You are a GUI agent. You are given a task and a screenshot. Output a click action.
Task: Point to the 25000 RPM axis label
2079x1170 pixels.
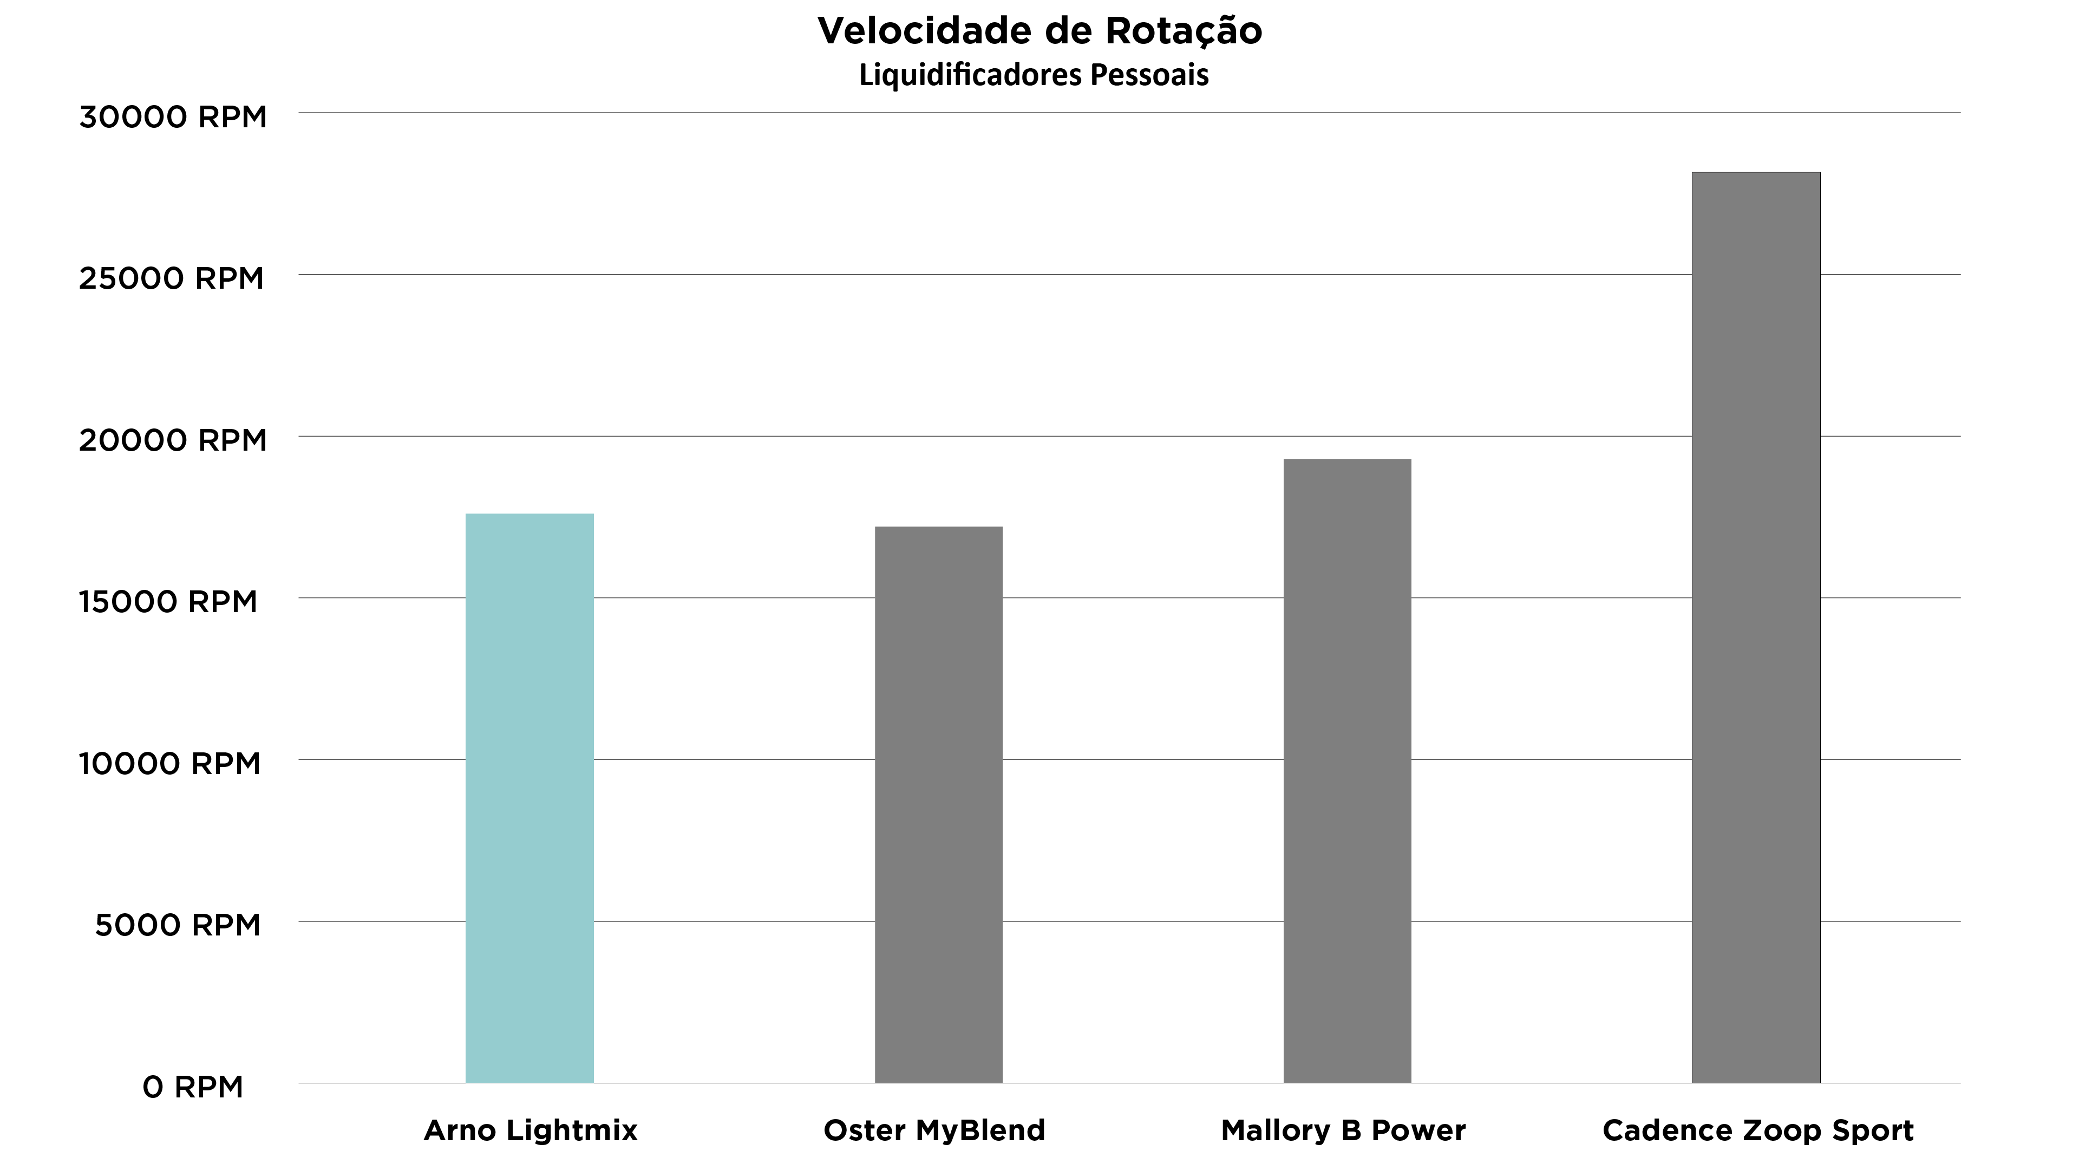point(171,278)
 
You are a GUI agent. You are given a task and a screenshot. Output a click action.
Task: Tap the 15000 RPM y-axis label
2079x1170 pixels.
point(168,602)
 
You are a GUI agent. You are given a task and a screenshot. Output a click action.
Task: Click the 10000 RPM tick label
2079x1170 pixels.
point(169,764)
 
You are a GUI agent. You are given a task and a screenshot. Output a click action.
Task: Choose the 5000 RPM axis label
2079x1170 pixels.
point(178,925)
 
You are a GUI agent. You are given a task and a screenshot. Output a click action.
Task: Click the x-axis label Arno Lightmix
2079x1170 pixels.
point(530,1130)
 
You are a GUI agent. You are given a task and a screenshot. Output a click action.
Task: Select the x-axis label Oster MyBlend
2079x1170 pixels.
point(934,1130)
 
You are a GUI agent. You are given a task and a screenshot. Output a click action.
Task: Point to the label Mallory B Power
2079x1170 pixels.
point(1343,1130)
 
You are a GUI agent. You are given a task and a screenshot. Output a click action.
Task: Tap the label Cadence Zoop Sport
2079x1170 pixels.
point(1758,1130)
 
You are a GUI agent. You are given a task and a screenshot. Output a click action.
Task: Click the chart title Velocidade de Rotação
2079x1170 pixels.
point(1039,31)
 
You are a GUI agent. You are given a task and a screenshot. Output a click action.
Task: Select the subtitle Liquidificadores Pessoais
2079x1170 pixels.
point(1034,76)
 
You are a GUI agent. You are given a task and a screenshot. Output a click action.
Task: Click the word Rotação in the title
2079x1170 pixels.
point(1183,31)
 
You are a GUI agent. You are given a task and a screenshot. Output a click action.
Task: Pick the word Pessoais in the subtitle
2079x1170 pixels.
point(1149,76)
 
